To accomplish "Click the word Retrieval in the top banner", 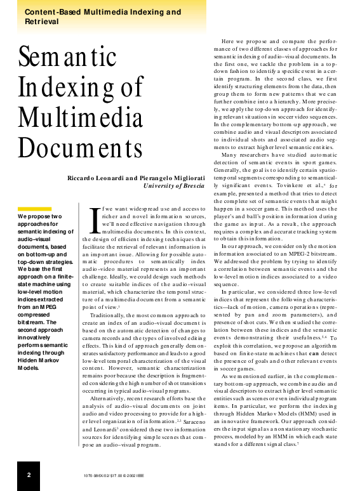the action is (x=41, y=21).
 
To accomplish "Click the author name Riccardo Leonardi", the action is (x=95, y=178).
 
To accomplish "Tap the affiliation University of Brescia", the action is (x=175, y=186).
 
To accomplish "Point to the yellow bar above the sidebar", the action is (x=34, y=209).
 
